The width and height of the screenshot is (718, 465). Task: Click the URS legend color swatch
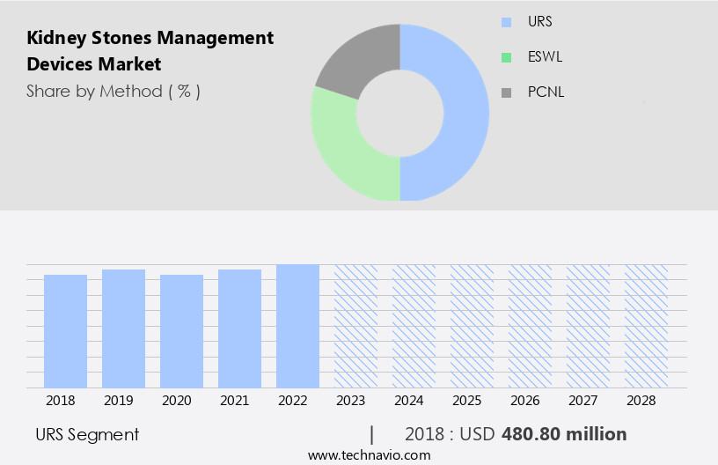point(505,21)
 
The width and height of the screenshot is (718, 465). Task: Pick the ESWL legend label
point(546,57)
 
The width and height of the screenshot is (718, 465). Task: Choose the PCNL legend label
point(546,92)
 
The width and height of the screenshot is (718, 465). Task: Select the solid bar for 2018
point(66,330)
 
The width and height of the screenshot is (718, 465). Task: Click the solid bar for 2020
point(182,330)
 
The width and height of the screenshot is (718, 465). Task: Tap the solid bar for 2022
point(297,326)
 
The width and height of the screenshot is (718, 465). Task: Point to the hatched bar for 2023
point(355,326)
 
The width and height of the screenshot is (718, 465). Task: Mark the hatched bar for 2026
point(530,326)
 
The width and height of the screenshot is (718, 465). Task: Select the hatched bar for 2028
point(646,326)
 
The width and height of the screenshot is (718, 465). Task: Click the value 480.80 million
point(564,434)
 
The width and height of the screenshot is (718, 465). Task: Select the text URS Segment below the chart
point(87,434)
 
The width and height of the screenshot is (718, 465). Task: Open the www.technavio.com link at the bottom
point(369,455)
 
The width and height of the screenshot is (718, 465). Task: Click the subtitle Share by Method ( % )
point(114,91)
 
